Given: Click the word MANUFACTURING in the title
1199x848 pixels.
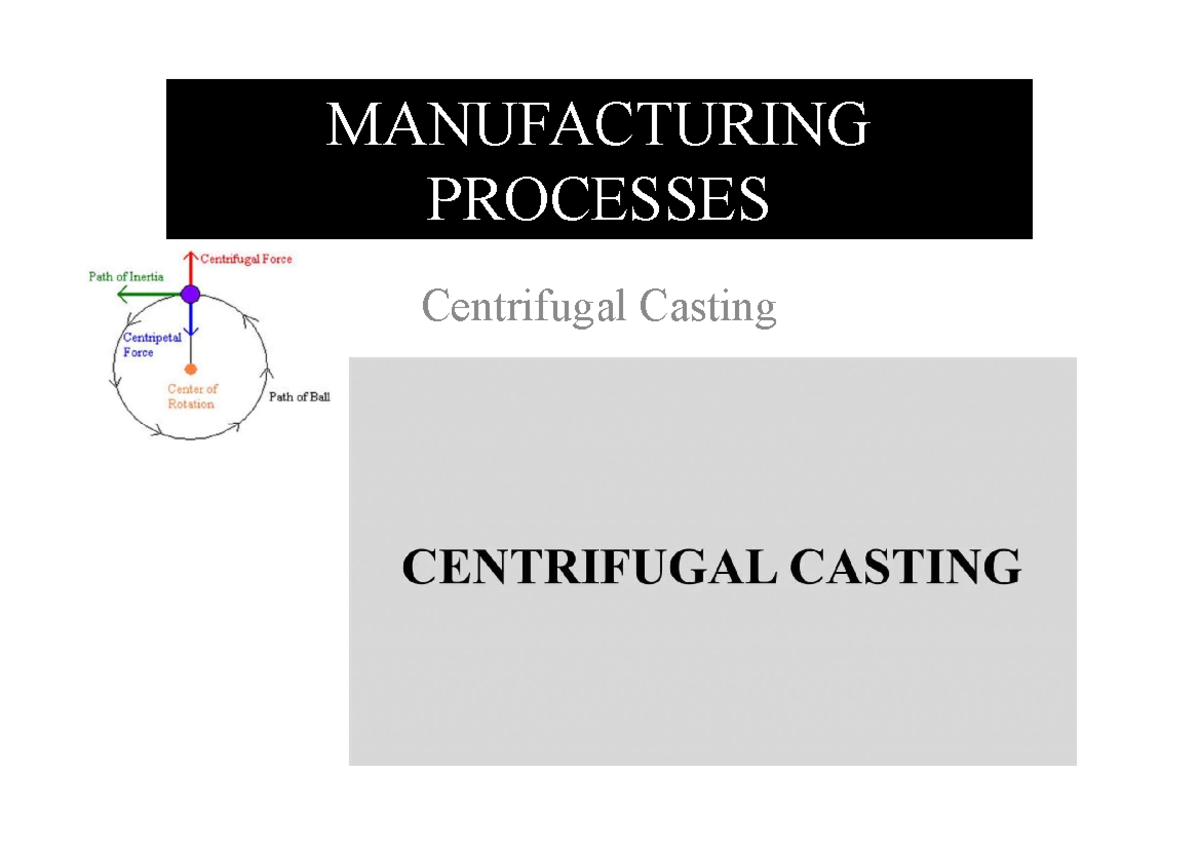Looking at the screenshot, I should (598, 126).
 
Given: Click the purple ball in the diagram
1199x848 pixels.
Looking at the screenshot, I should (190, 294).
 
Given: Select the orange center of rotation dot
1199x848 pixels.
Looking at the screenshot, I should (190, 369).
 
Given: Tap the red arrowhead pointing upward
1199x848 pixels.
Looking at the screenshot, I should (190, 255).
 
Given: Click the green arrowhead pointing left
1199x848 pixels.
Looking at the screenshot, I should (121, 294).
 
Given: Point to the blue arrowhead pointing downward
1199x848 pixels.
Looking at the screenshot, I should (190, 332).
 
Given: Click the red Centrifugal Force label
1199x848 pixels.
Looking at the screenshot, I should (246, 259).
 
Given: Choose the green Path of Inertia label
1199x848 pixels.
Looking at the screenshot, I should (126, 277).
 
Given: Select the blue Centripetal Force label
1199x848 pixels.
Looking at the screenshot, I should (152, 345).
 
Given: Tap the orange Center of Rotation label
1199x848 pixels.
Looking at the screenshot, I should (190, 397).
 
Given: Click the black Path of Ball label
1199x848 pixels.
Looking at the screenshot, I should (299, 397).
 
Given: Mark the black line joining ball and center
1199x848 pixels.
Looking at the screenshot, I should (190, 350).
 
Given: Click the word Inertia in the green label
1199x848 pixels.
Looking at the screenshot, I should (146, 277).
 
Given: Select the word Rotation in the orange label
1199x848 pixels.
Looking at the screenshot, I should (191, 404).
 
